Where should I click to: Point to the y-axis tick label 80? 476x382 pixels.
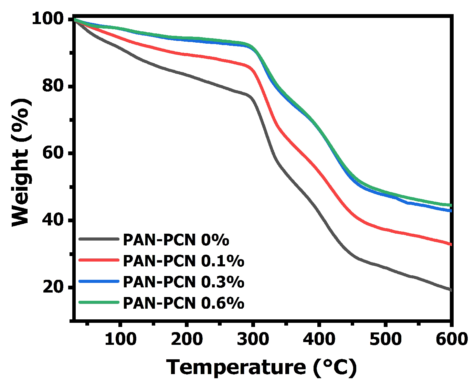53,86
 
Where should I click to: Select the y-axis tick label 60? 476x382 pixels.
53,153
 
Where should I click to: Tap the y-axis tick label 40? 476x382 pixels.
53,220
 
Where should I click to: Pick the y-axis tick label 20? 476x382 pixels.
53,287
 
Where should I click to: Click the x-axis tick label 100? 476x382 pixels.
120,339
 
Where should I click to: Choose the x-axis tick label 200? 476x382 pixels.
187,339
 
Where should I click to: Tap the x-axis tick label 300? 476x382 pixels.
253,339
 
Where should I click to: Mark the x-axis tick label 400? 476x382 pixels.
319,339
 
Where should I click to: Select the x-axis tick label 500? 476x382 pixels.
385,339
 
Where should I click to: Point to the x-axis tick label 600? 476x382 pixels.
451,339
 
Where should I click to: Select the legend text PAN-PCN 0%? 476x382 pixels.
176,240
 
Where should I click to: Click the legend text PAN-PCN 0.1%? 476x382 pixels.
183,261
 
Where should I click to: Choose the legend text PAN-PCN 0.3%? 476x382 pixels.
183,282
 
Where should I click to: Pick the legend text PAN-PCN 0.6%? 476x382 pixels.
183,303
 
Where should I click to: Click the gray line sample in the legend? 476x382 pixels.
99,239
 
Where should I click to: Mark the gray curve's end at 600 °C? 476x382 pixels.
450,290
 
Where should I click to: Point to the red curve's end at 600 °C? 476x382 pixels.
450,244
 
